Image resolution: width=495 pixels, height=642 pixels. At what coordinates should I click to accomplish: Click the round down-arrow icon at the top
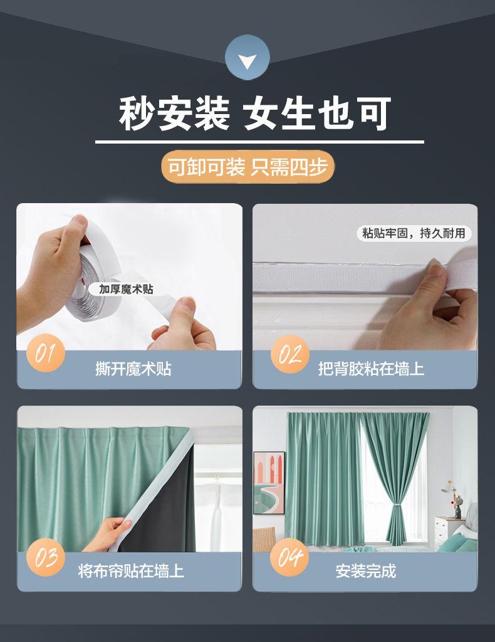247,57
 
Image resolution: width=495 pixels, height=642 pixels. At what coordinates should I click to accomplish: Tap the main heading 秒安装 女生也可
255,113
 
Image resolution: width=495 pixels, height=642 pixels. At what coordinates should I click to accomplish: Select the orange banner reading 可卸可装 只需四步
248,167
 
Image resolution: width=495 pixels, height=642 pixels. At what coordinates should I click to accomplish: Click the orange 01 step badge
45,353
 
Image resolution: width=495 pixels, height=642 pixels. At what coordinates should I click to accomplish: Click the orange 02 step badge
289,354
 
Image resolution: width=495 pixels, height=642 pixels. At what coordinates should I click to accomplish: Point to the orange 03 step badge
45,557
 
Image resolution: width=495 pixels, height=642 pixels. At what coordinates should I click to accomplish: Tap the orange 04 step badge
289,557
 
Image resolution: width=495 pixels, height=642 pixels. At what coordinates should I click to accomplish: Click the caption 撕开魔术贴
133,369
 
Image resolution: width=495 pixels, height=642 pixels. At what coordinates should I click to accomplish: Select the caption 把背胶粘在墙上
371,369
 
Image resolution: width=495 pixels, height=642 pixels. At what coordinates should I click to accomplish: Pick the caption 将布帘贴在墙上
131,571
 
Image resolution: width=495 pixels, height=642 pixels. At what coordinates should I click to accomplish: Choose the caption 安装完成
366,571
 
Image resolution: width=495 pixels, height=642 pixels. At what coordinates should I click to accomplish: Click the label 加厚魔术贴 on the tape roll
126,289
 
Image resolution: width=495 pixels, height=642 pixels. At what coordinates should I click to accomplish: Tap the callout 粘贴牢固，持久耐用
414,233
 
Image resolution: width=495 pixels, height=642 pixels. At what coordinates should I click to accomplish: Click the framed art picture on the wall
269,483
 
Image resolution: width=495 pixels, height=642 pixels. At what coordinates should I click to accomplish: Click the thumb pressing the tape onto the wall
435,271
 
